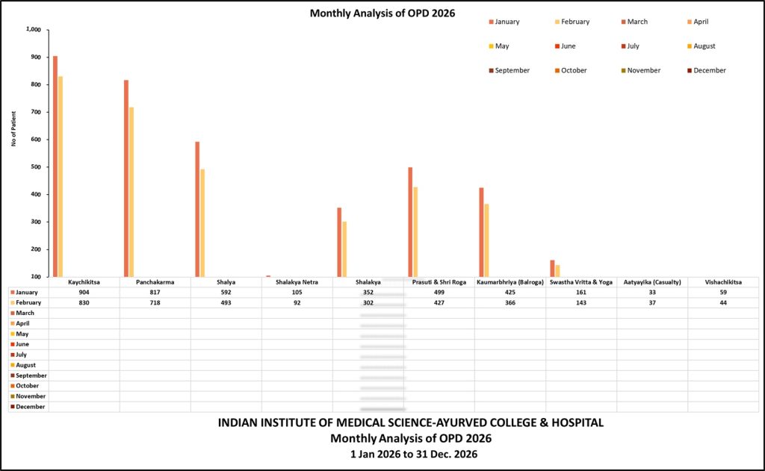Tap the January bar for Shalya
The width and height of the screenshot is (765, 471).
[x=197, y=209]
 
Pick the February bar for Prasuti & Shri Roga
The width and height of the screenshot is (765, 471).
[x=415, y=231]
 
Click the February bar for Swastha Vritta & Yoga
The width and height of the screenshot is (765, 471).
[x=557, y=270]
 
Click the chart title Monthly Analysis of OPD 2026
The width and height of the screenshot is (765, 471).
[x=382, y=13]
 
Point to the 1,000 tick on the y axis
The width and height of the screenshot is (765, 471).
[x=34, y=30]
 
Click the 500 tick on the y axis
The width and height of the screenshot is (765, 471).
[x=36, y=167]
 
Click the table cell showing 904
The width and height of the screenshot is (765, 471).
[x=84, y=293]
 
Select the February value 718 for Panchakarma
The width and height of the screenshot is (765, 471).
[x=155, y=303]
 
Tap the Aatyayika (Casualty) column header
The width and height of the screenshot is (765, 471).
[x=652, y=282]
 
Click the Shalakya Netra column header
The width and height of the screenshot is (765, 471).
[x=297, y=282]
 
